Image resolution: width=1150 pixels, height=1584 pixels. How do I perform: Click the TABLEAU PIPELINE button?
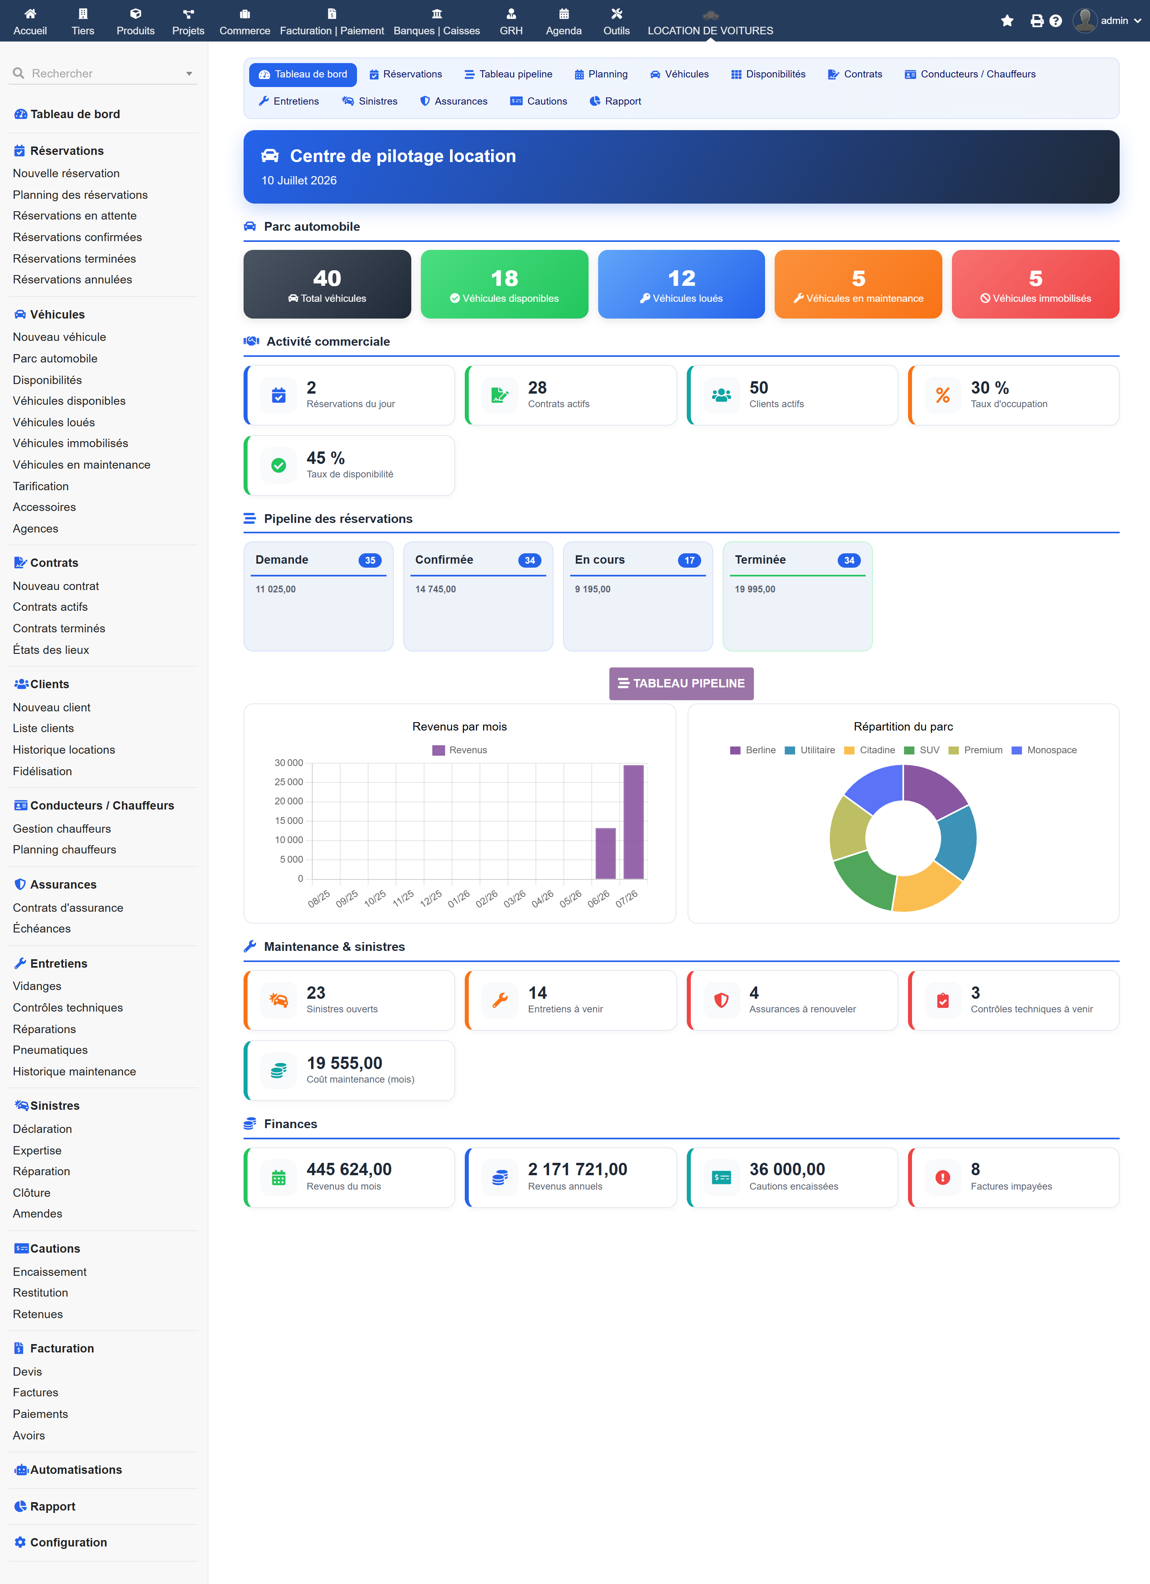(681, 683)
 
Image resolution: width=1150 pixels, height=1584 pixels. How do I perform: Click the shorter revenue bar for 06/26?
(605, 853)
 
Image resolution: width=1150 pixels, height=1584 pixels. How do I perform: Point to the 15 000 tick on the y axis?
(289, 821)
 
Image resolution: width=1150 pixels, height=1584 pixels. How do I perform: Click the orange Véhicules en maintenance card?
(858, 284)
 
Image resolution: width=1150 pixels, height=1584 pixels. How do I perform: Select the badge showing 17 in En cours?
(689, 560)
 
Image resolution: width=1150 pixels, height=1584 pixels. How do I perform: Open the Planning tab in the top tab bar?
(601, 74)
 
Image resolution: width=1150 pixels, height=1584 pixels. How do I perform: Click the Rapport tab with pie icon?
(615, 101)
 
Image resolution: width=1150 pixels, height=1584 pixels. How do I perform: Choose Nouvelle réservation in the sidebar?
(66, 173)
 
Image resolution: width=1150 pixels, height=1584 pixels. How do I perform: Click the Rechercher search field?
(103, 73)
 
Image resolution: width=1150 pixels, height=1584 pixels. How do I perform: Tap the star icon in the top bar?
(1007, 21)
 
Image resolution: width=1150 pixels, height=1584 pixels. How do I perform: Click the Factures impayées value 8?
(976, 1169)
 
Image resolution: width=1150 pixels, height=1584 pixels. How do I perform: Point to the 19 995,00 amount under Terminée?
(755, 590)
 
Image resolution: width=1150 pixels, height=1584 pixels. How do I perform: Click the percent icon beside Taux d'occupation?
(942, 395)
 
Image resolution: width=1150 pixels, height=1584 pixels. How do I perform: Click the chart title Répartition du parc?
(903, 727)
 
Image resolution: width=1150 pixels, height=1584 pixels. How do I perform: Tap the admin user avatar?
(1085, 20)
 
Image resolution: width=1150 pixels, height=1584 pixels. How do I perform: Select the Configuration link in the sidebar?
(68, 1542)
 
